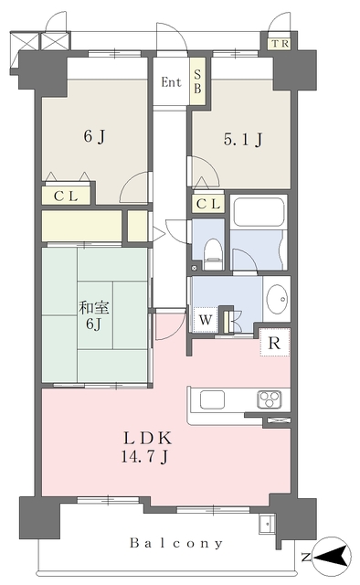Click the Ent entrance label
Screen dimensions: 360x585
pyautogui.click(x=171, y=82)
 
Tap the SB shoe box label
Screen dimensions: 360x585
pyautogui.click(x=197, y=81)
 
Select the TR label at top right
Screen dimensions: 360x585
pyautogui.click(x=281, y=44)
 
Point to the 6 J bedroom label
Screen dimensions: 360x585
pyautogui.click(x=94, y=136)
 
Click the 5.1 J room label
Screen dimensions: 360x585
pyautogui.click(x=243, y=139)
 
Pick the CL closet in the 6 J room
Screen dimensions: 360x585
pyautogui.click(x=66, y=196)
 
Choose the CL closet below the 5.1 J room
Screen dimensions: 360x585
pyautogui.click(x=208, y=204)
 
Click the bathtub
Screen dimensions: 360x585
pyautogui.click(x=259, y=211)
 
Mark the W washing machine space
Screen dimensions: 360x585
pyautogui.click(x=206, y=320)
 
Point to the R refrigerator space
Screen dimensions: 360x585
pyautogui.click(x=275, y=343)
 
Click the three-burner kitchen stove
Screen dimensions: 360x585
pyautogui.click(x=269, y=400)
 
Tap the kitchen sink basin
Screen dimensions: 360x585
pyautogui.click(x=213, y=400)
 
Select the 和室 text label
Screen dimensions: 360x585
pyautogui.click(x=94, y=309)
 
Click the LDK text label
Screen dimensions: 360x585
pyautogui.click(x=148, y=438)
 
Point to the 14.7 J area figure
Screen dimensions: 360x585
pyautogui.click(x=144, y=457)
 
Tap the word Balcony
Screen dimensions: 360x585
pyautogui.click(x=176, y=543)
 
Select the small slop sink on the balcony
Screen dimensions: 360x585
pyautogui.click(x=267, y=525)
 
